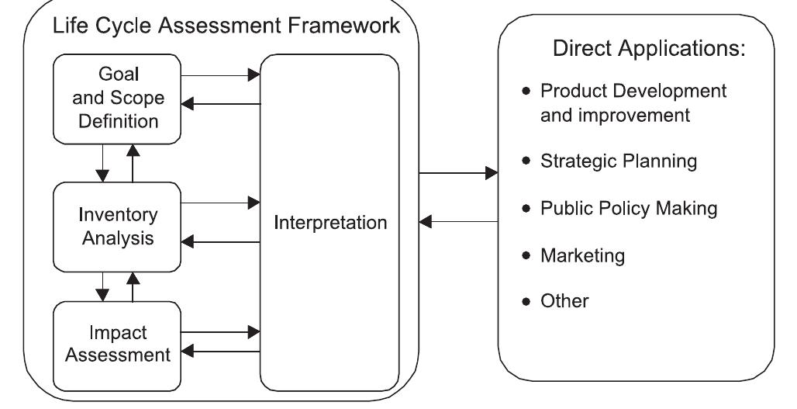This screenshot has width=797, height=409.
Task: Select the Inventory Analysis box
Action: click(117, 226)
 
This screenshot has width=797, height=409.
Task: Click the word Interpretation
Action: click(329, 224)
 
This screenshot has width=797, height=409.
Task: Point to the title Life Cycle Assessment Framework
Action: click(226, 26)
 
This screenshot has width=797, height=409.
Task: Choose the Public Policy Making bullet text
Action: click(629, 209)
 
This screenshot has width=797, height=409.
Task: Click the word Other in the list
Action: click(564, 300)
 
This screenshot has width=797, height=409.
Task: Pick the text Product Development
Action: click(633, 91)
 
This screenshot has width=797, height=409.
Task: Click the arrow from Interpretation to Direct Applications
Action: click(458, 173)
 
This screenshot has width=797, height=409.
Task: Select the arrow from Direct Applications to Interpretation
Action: click(458, 222)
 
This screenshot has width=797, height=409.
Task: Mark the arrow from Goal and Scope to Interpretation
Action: click(221, 75)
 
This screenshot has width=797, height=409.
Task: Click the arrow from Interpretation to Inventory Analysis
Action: click(221, 243)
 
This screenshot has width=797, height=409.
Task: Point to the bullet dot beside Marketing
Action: click(527, 255)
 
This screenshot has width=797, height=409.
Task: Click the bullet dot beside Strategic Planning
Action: click(527, 161)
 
